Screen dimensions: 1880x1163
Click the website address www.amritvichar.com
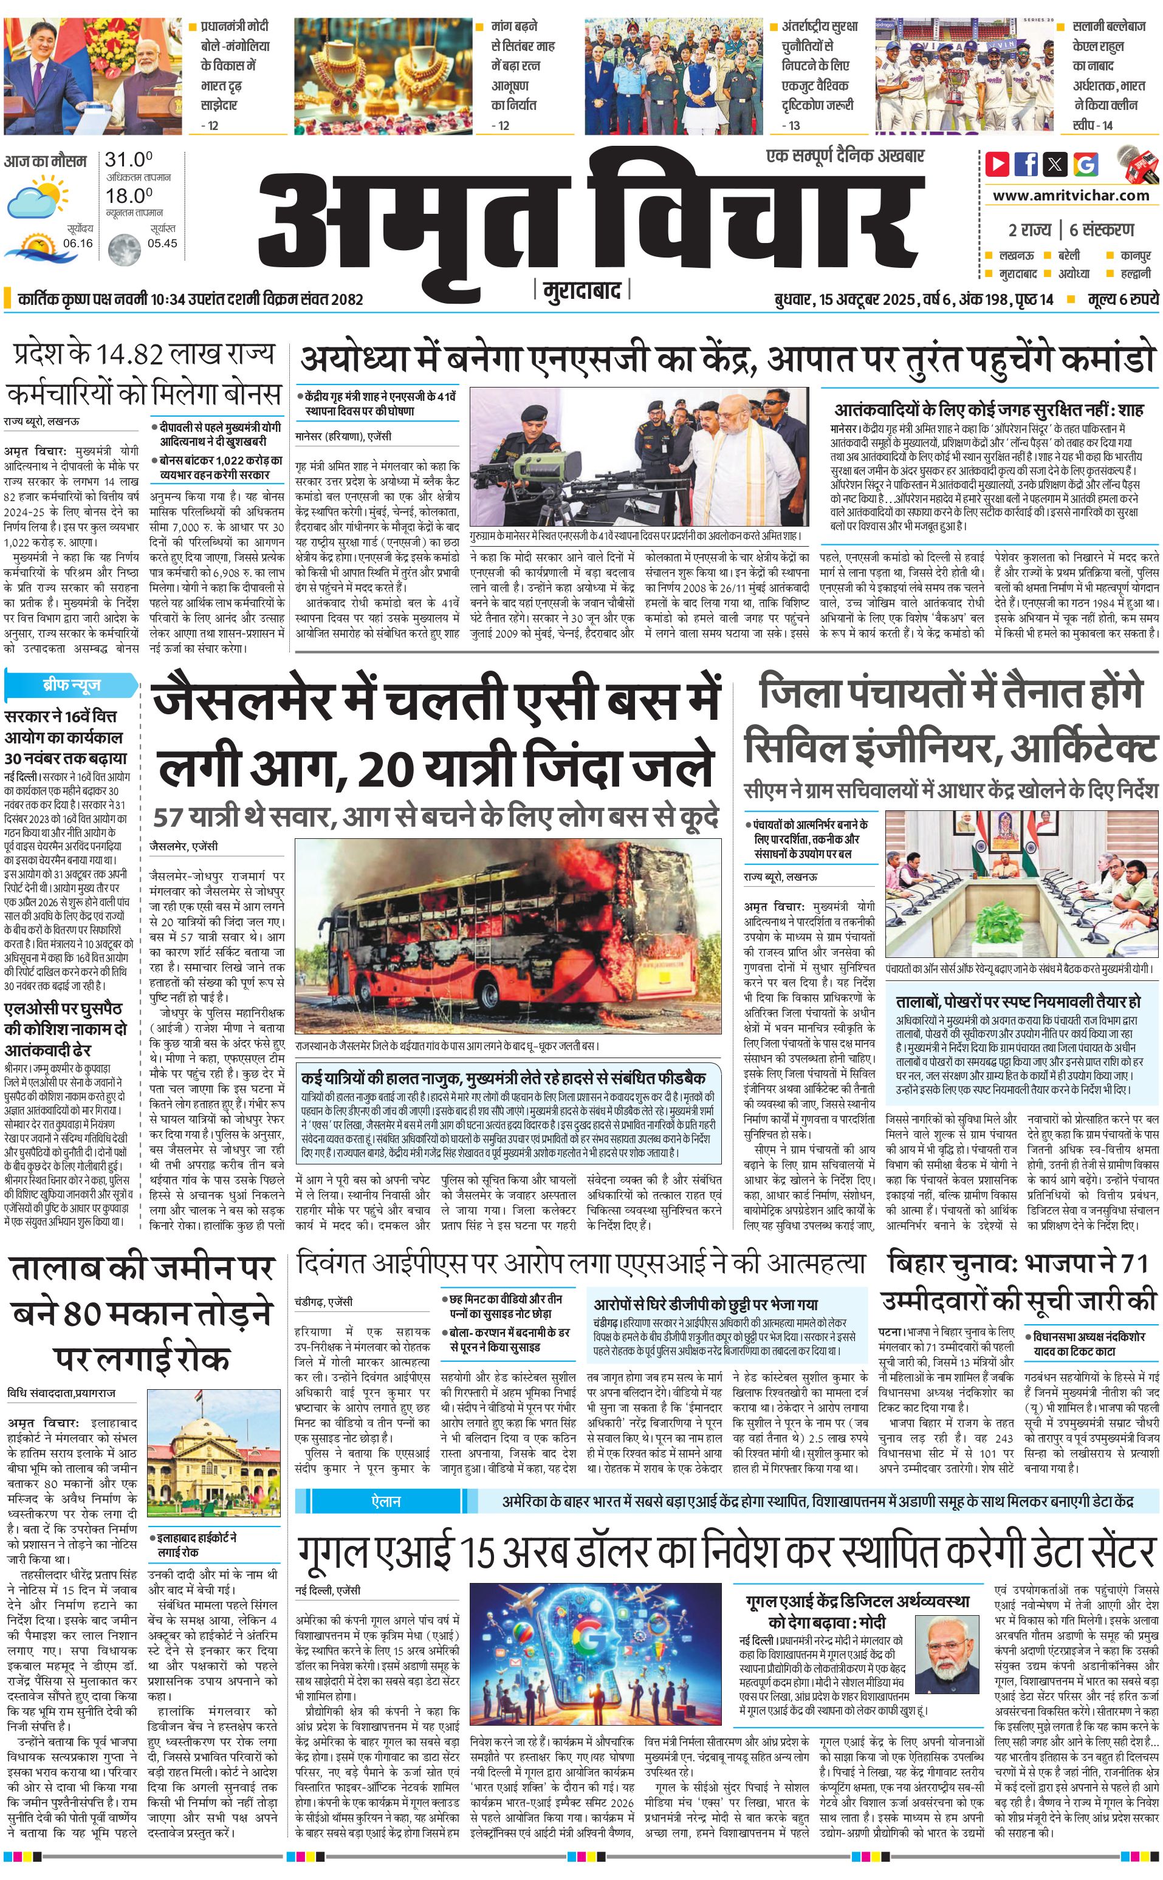[x=1071, y=196]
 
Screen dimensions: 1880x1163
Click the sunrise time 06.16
[x=78, y=243]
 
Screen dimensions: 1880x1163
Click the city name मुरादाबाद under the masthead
[x=581, y=290]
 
